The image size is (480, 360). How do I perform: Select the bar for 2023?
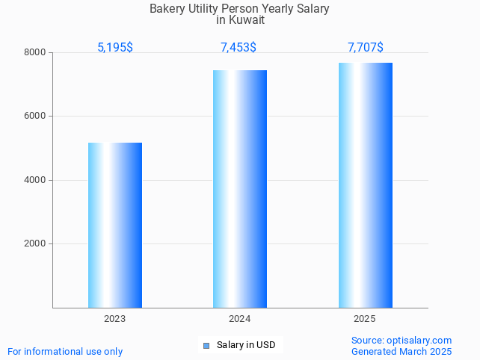point(115,225)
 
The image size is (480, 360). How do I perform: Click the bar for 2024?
point(240,189)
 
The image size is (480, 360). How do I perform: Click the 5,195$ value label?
point(115,47)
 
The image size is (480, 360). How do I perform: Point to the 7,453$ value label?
point(239,47)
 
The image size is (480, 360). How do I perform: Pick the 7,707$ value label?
point(365,47)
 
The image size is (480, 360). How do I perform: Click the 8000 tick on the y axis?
point(36,52)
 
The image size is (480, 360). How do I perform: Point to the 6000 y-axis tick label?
point(36,117)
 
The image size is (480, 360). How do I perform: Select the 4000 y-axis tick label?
point(36,180)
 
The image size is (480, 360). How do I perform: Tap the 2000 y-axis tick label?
point(36,244)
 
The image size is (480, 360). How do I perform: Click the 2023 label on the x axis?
point(115,319)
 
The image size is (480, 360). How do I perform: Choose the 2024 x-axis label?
point(240,319)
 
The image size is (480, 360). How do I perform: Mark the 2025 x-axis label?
point(365,319)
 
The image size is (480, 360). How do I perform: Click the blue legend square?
point(206,345)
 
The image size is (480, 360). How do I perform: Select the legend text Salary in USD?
point(246,345)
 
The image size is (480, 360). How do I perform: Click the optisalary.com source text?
point(401,340)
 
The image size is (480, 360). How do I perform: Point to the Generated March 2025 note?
point(401,351)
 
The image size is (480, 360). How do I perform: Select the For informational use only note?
point(65,351)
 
